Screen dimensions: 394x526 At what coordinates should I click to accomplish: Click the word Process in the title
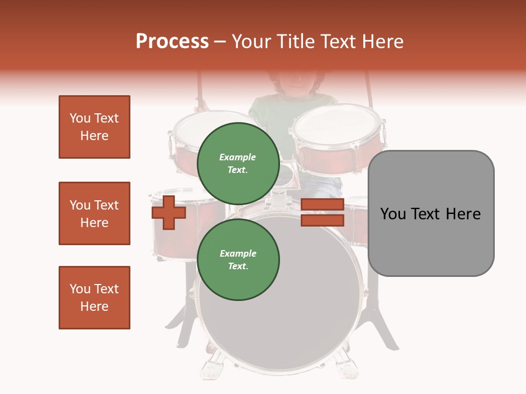click(172, 42)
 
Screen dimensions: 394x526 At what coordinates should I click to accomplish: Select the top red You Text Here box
click(94, 127)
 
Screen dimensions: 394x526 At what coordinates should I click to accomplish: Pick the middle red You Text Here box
click(94, 213)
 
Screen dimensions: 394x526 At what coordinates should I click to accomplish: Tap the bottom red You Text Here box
click(94, 298)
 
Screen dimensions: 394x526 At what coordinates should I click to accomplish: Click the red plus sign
click(169, 212)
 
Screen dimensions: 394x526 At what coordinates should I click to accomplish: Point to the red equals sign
click(322, 212)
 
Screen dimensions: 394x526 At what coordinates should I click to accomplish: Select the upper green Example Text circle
click(238, 163)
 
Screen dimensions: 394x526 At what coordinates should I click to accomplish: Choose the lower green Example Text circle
click(238, 259)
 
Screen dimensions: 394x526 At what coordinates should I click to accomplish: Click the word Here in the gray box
click(463, 213)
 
